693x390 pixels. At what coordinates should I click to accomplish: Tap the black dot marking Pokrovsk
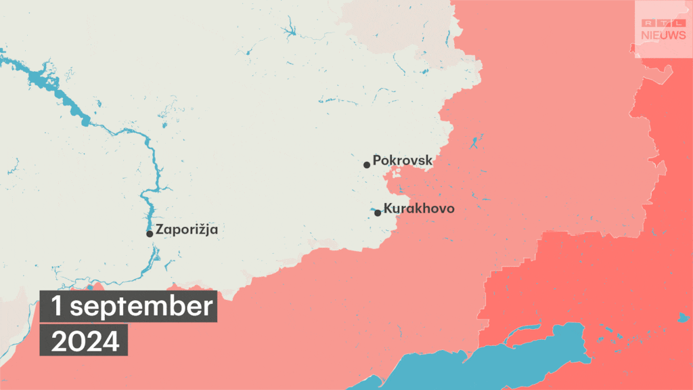(366, 165)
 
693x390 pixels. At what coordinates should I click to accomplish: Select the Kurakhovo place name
(418, 209)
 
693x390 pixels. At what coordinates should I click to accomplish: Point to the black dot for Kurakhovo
(378, 213)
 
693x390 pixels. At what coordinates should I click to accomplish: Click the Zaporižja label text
(186, 230)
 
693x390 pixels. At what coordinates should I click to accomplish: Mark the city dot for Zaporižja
(150, 234)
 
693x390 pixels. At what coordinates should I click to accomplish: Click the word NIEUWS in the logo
(663, 35)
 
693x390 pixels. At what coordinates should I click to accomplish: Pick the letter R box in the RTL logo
(648, 23)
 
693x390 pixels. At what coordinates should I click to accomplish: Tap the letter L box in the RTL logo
(677, 23)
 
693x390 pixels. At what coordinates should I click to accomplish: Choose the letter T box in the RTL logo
(663, 23)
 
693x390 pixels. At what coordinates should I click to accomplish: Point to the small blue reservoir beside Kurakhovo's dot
(374, 209)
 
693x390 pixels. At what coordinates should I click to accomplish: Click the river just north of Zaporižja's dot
(149, 210)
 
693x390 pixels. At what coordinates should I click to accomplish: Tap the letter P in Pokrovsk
(377, 161)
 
